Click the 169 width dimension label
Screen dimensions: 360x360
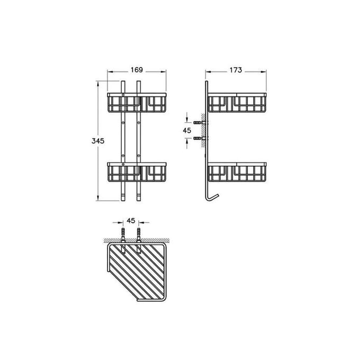pyautogui.click(x=137, y=69)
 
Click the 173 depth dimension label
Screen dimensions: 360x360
pyautogui.click(x=236, y=69)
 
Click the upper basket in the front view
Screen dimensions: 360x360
pyautogui.click(x=137, y=103)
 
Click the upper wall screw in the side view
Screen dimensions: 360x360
pyautogui.click(x=200, y=123)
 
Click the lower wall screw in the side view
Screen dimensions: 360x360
pyautogui.click(x=200, y=139)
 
